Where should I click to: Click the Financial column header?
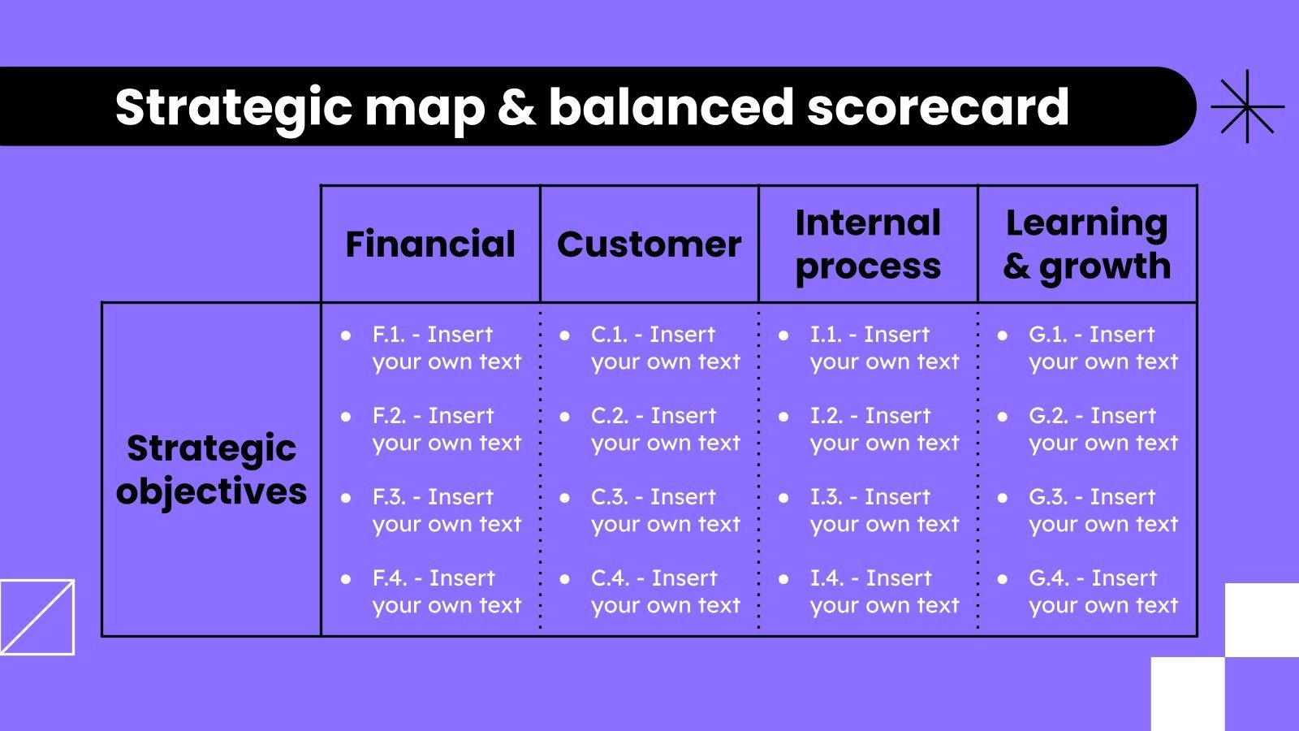pyautogui.click(x=430, y=244)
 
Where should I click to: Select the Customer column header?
pyautogui.click(x=649, y=244)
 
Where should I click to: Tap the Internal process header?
pyautogui.click(x=868, y=244)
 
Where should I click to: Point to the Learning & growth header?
pyautogui.click(x=1086, y=244)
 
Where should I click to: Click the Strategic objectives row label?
pyautogui.click(x=211, y=469)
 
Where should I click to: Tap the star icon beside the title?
pyautogui.click(x=1247, y=106)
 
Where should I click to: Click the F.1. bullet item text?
pyautogui.click(x=447, y=348)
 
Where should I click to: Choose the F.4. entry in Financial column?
pyautogui.click(x=447, y=591)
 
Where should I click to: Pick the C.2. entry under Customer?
pyautogui.click(x=665, y=429)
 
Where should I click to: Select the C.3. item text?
pyautogui.click(x=665, y=510)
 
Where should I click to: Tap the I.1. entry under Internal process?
pyautogui.click(x=884, y=348)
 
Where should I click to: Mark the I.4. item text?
pyautogui.click(x=884, y=591)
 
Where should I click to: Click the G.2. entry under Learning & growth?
pyautogui.click(x=1103, y=429)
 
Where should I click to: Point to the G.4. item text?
pyautogui.click(x=1103, y=591)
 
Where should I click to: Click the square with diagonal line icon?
pyautogui.click(x=37, y=616)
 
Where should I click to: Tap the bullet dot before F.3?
pyautogui.click(x=346, y=497)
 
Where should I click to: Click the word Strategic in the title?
pyautogui.click(x=233, y=107)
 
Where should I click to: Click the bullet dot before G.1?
pyautogui.click(x=1003, y=335)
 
